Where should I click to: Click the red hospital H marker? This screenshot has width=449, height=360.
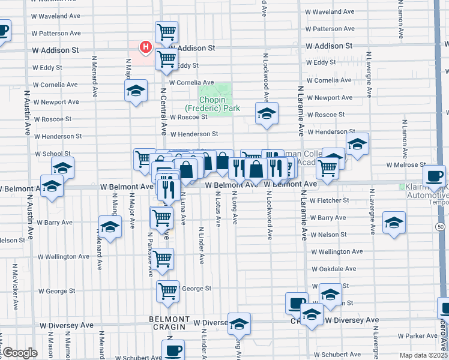(x=145, y=46)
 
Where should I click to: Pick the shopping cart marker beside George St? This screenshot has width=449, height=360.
(x=167, y=290)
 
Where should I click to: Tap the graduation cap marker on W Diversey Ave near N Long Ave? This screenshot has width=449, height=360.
(x=239, y=323)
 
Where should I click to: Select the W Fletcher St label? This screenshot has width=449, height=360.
(x=330, y=200)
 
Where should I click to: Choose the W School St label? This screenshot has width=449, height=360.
(x=52, y=154)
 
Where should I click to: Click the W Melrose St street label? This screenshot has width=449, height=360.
(x=406, y=165)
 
